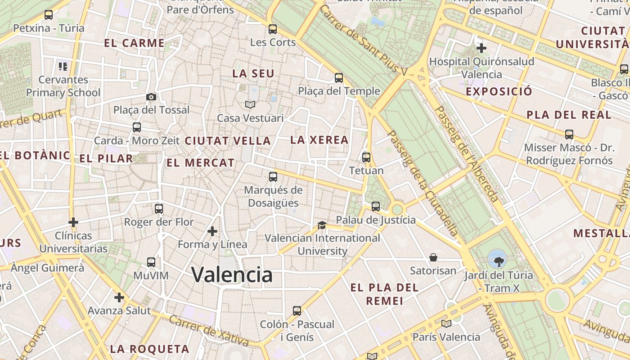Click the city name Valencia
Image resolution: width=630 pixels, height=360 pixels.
click(232, 274)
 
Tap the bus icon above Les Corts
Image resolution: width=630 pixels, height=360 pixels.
click(273, 29)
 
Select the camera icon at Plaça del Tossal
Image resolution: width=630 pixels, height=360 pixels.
click(151, 97)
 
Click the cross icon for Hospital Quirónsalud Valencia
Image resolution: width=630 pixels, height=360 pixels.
click(481, 48)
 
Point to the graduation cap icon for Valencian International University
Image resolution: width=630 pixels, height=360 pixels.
click(322, 225)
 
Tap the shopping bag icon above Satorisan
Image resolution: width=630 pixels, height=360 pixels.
click(433, 257)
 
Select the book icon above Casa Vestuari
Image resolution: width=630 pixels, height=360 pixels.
click(250, 105)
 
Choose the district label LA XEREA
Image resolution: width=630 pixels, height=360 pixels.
click(319, 140)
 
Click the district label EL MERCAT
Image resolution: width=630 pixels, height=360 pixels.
click(201, 163)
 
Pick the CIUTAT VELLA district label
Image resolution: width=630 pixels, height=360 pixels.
click(228, 141)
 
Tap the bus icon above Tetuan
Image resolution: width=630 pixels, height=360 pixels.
click(366, 157)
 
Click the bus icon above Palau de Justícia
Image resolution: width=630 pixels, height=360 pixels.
click(376, 207)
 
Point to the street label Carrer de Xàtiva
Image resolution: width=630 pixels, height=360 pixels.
click(209, 331)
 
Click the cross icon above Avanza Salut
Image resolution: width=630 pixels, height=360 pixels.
click(119, 297)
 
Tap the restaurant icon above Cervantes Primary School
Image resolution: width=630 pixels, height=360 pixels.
click(63, 67)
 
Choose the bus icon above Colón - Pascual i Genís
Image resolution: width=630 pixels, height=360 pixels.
click(297, 311)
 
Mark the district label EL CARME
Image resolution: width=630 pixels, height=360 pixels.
click(134, 43)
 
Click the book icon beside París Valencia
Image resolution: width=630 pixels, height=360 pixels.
click(446, 324)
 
